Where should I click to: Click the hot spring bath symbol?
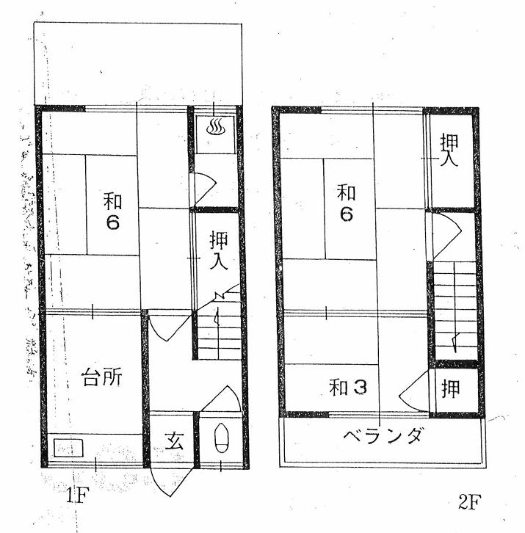tap(215, 126)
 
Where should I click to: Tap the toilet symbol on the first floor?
tap(222, 438)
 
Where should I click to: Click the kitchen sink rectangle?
tap(68, 449)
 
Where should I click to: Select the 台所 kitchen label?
tap(101, 377)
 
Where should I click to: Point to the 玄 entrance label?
tap(175, 441)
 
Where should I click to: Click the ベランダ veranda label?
tap(384, 436)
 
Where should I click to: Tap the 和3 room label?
tap(348, 387)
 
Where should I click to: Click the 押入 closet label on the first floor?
tap(218, 250)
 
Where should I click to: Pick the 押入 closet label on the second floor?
tap(450, 151)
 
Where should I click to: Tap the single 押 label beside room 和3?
tap(451, 388)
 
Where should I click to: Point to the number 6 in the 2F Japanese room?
tap(346, 214)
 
